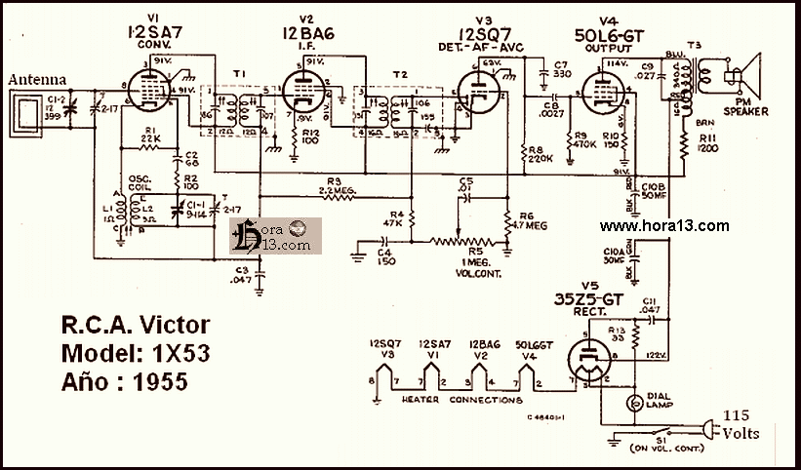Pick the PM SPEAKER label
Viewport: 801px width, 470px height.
[x=745, y=106]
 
